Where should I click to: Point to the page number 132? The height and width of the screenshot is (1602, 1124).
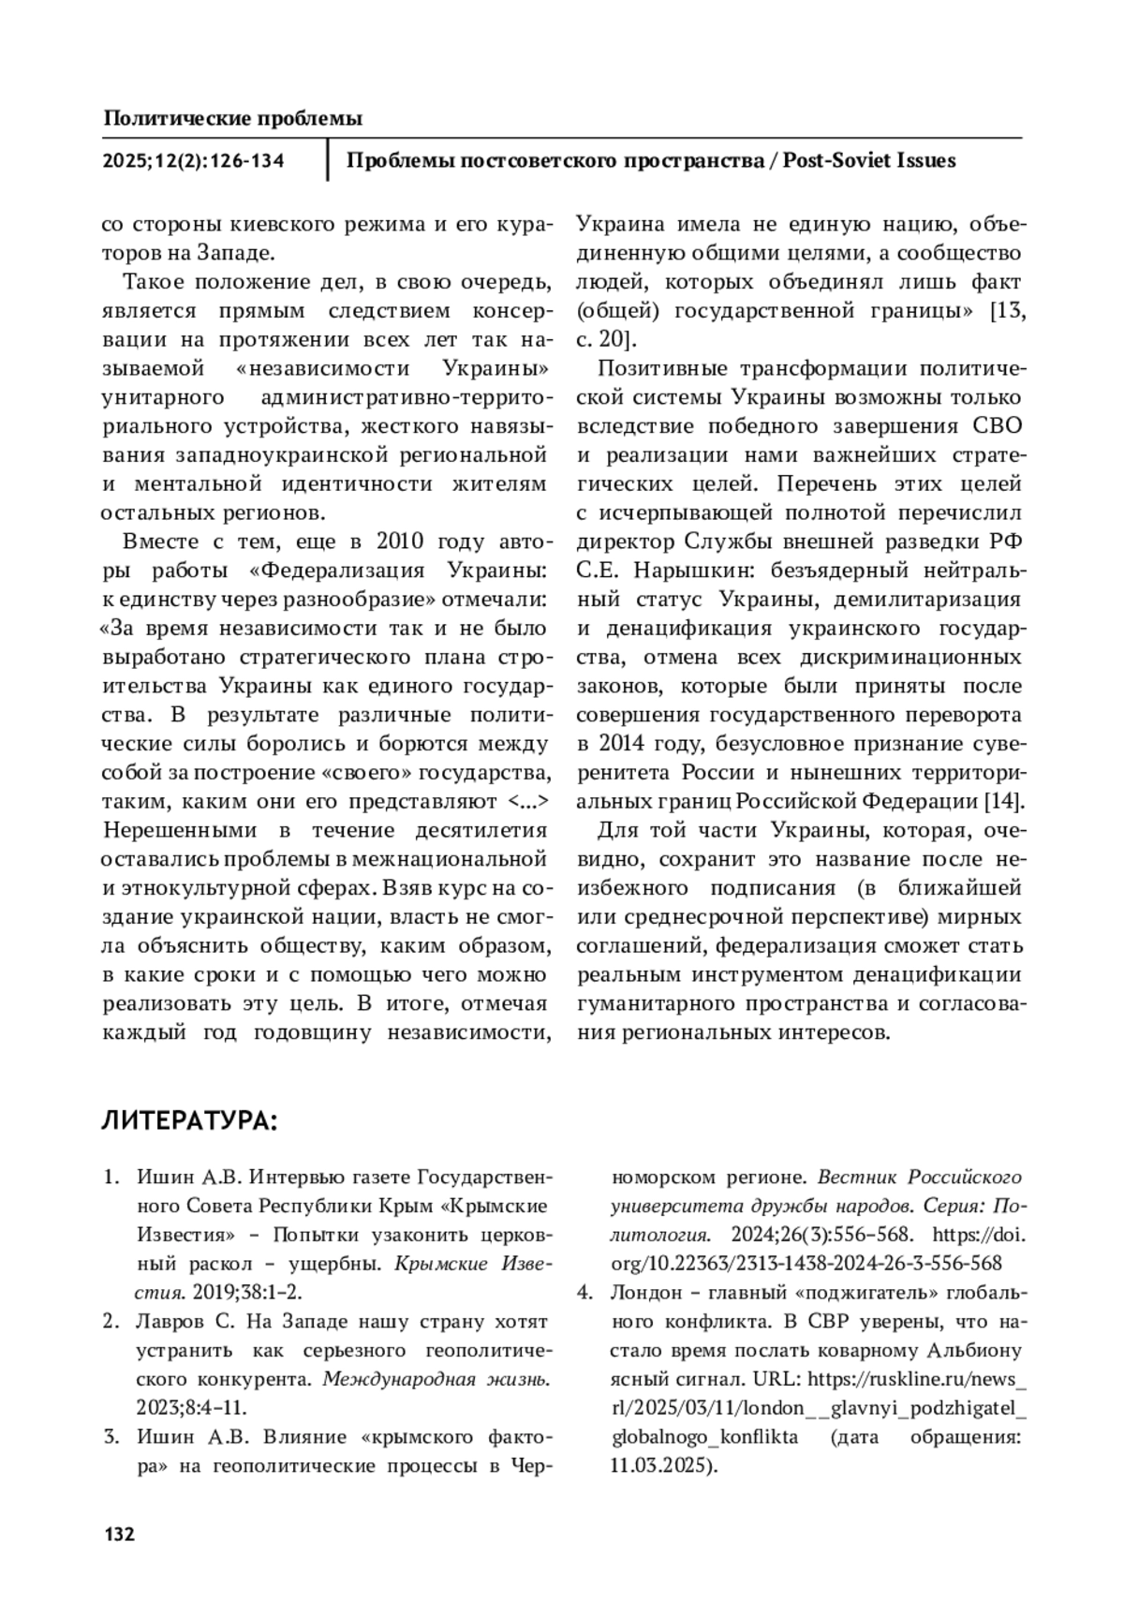(119, 1535)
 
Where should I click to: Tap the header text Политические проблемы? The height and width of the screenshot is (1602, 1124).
(232, 119)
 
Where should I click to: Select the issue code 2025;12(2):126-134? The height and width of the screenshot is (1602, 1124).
(194, 161)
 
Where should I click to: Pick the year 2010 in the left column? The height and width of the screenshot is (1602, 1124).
(400, 541)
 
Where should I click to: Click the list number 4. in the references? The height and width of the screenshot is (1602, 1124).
(584, 1293)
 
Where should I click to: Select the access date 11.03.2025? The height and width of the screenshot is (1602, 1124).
(663, 1465)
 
